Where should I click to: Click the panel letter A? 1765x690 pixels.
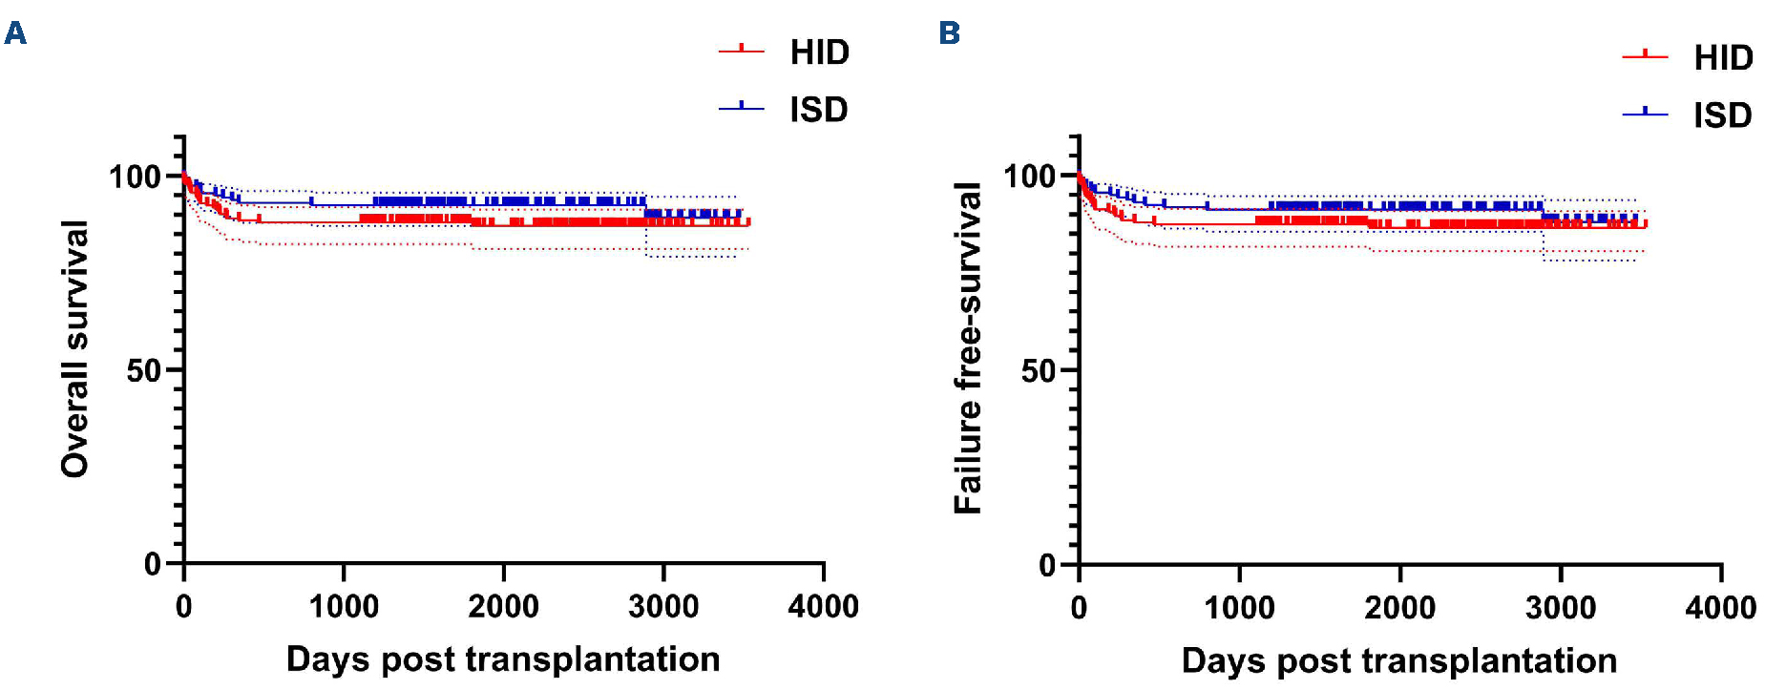click(15, 33)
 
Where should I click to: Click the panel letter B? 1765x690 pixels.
click(949, 33)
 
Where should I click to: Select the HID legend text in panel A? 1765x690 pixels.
click(819, 52)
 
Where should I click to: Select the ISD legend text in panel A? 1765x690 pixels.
click(818, 110)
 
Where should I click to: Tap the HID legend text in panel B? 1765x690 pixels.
click(1723, 58)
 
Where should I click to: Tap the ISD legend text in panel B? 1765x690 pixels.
click(1722, 115)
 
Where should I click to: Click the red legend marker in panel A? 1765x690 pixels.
click(742, 50)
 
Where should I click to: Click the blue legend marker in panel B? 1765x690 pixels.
click(1645, 114)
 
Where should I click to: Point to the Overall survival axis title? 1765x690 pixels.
click(74, 348)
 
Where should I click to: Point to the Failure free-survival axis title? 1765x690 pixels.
click(968, 348)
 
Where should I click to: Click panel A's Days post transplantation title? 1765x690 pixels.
click(503, 659)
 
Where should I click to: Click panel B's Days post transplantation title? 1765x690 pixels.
click(1398, 660)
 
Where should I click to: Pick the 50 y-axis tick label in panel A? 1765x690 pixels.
click(144, 370)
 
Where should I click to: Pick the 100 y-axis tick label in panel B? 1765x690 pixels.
click(1030, 177)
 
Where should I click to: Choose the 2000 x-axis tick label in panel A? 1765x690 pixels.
click(503, 606)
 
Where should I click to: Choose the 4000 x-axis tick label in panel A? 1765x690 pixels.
click(823, 606)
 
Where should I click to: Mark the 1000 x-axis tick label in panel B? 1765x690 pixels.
click(1239, 607)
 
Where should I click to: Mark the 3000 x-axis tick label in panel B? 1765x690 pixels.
click(1561, 607)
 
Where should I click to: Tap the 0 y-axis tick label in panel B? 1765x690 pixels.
click(1048, 565)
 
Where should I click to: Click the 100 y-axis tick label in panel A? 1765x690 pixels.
click(135, 177)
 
